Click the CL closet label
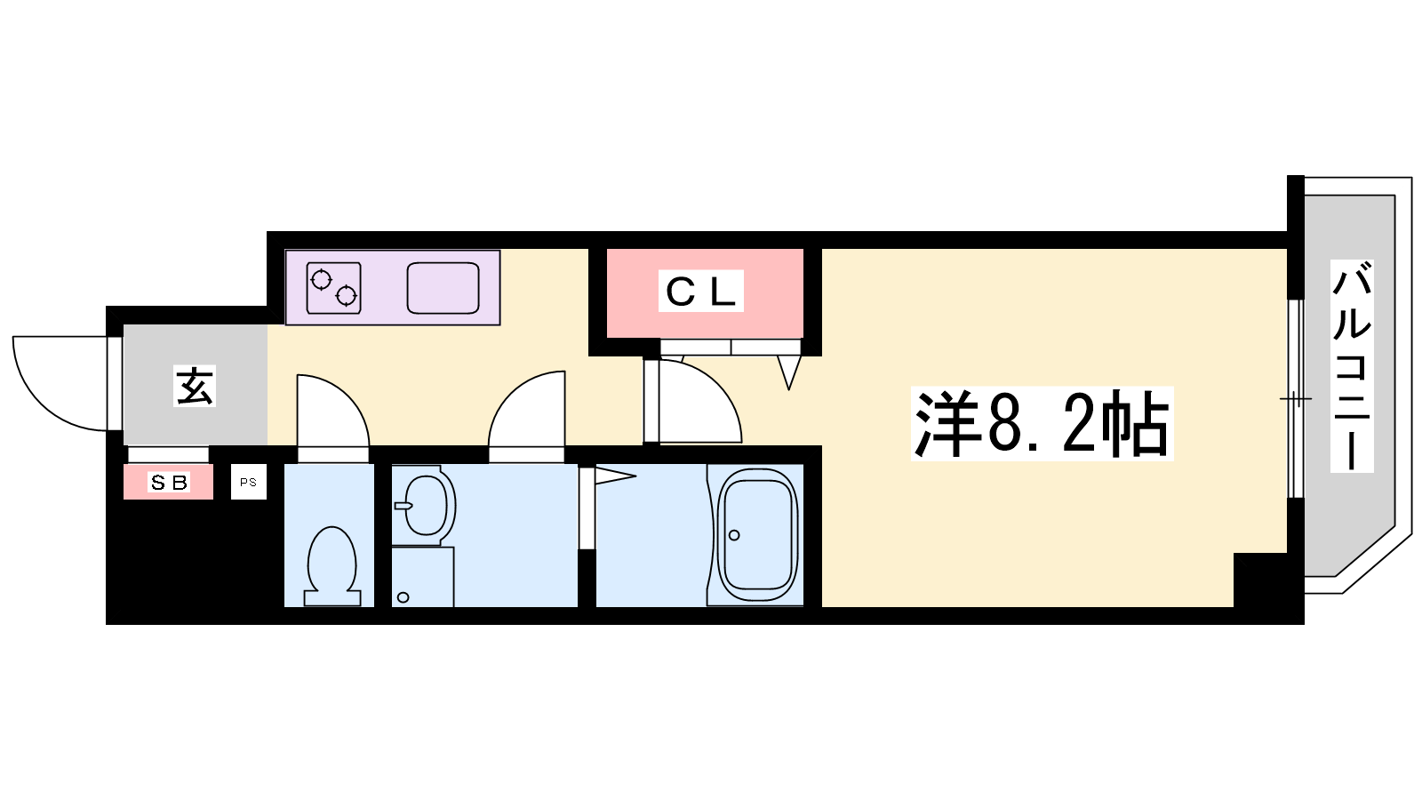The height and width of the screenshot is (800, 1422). [700, 292]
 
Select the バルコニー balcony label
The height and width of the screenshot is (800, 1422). [1351, 365]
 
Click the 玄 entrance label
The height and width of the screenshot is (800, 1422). [195, 386]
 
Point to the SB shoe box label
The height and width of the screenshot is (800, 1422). [169, 483]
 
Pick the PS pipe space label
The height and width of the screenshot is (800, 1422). [248, 482]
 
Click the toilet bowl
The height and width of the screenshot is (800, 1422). [332, 564]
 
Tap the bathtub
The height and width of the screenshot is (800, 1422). [757, 535]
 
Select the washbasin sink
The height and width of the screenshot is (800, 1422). [425, 506]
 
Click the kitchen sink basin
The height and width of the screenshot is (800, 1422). [443, 288]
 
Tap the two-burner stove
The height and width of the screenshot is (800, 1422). [333, 288]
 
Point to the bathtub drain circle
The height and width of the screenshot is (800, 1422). [734, 535]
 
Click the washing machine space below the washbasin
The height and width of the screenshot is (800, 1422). [422, 578]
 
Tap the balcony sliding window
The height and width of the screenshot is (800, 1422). [1295, 398]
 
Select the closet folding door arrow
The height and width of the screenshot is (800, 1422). [788, 372]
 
